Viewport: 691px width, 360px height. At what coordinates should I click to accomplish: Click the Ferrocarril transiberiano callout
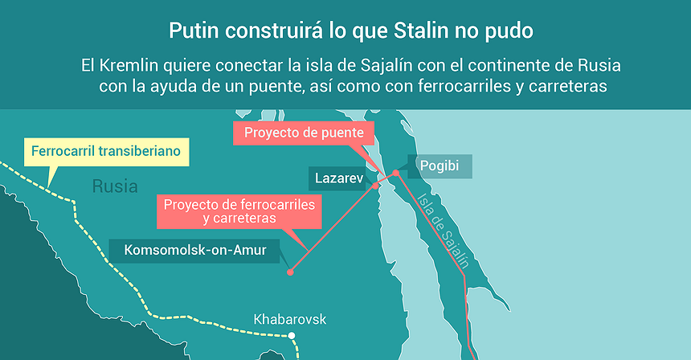click(106, 150)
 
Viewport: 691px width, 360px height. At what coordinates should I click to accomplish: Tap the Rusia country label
click(115, 187)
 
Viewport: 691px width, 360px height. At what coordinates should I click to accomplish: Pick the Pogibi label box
click(439, 166)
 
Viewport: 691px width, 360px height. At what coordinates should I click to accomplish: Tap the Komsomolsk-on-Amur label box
click(195, 249)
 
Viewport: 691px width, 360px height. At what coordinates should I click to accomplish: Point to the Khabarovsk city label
click(290, 319)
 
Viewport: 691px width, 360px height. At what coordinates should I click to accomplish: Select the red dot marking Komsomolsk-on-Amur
click(290, 272)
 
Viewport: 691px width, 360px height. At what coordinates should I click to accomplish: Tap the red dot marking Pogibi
click(395, 174)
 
